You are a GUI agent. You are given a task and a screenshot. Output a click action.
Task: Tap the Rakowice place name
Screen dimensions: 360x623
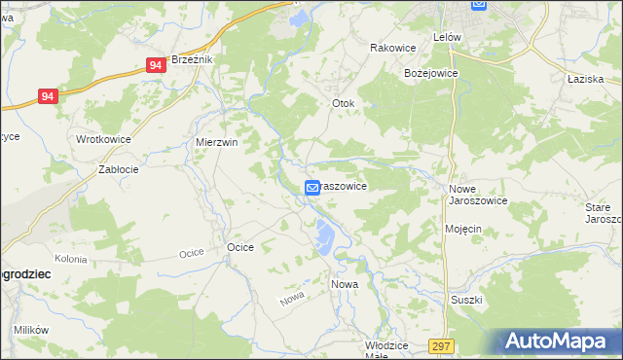pos(393,47)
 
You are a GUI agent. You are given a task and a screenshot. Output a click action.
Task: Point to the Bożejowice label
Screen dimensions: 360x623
pos(431,73)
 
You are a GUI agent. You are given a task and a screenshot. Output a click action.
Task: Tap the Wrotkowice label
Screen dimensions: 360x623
pos(103,139)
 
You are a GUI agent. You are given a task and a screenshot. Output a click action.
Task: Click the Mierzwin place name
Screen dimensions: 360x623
pos(216,141)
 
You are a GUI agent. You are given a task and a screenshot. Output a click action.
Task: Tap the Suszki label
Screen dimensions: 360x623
pos(466,300)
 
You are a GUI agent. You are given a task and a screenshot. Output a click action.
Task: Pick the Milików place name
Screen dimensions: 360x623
pos(31,330)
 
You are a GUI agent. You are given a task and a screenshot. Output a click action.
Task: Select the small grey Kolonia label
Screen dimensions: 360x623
pos(71,259)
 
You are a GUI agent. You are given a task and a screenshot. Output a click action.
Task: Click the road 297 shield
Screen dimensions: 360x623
pos(441,346)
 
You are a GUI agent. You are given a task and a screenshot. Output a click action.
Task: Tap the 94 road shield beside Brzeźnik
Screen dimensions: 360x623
pos(156,65)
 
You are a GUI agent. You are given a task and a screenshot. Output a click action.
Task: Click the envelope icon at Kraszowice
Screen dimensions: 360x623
pos(311,187)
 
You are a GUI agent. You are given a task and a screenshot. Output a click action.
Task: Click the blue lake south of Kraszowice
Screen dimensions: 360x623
pos(321,234)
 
